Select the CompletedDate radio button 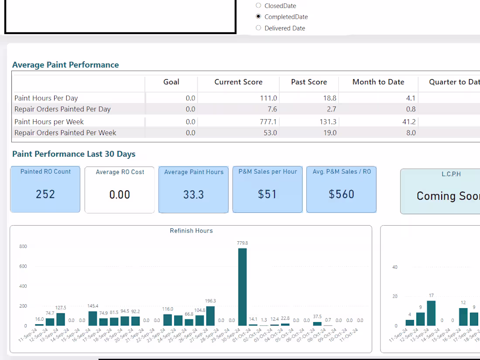tap(258, 17)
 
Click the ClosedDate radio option tap(258, 6)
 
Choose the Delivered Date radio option tap(258, 28)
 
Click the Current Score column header tap(238, 82)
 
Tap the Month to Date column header tap(378, 82)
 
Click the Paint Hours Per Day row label tap(46, 98)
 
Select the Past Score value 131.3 tap(328, 122)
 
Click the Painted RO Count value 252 tap(45, 194)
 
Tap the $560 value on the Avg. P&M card tap(341, 194)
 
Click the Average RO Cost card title tap(120, 172)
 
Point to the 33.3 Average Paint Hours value tap(193, 195)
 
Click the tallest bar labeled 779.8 tap(242, 288)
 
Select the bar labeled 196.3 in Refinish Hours tap(210, 316)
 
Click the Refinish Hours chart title tap(191, 230)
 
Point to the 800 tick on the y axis tap(23, 247)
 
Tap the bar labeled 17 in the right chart tap(431, 313)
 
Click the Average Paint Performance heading tap(65, 65)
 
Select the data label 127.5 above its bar tap(61, 308)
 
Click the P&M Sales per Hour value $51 tap(267, 194)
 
